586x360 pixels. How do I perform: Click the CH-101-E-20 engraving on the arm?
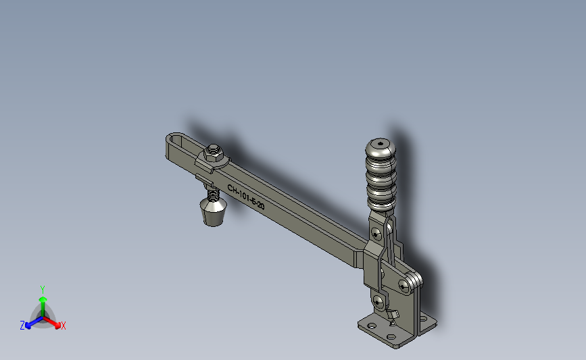(246, 197)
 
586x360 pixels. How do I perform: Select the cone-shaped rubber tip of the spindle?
(213, 212)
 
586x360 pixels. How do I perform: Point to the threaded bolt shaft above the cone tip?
(213, 193)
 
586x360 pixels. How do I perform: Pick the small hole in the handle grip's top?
(381, 143)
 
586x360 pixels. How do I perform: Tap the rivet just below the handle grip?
(375, 234)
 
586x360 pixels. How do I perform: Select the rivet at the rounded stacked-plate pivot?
(404, 286)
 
